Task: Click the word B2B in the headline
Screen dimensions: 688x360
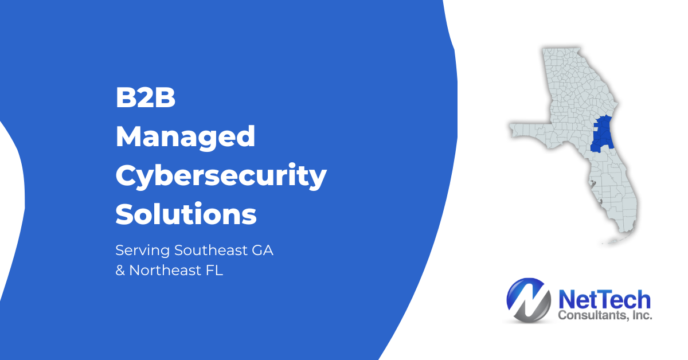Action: (145, 97)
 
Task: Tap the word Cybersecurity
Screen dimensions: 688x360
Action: (221, 176)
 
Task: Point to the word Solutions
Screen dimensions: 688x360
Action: (186, 214)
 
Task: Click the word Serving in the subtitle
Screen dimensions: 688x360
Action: (143, 251)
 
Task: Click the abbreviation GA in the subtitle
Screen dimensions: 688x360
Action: (263, 250)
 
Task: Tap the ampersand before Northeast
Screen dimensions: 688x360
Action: (120, 271)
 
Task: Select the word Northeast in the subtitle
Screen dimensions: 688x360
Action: (165, 271)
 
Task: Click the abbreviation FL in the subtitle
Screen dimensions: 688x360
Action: (214, 271)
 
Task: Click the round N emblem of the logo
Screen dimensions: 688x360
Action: (528, 300)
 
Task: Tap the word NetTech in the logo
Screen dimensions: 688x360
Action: (604, 299)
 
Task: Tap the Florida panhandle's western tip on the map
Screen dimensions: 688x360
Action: (510, 127)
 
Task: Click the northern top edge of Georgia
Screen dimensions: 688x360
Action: (561, 48)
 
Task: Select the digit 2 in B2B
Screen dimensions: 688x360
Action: (145, 97)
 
